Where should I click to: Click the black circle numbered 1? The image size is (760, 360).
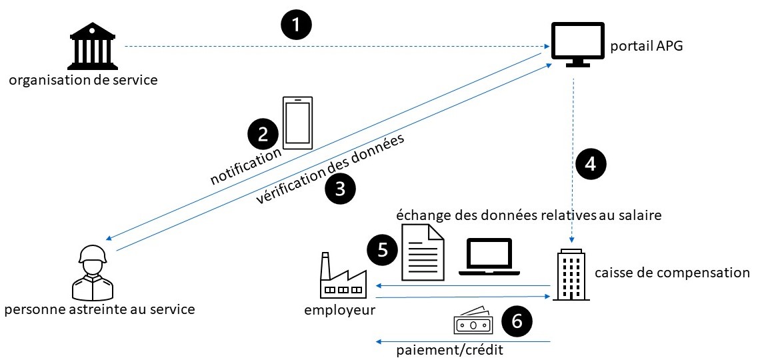point(297,26)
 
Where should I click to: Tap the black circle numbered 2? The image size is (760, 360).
point(263,134)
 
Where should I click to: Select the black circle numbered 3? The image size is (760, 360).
point(340,189)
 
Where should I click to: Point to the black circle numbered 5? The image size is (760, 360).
point(383,249)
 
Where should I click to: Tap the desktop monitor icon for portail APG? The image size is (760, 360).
point(577,44)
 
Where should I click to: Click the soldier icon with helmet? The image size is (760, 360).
point(93,272)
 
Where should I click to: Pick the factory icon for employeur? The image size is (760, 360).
point(343,277)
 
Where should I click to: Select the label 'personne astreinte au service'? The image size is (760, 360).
point(99,309)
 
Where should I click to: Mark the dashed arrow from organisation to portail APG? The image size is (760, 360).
point(333,47)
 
